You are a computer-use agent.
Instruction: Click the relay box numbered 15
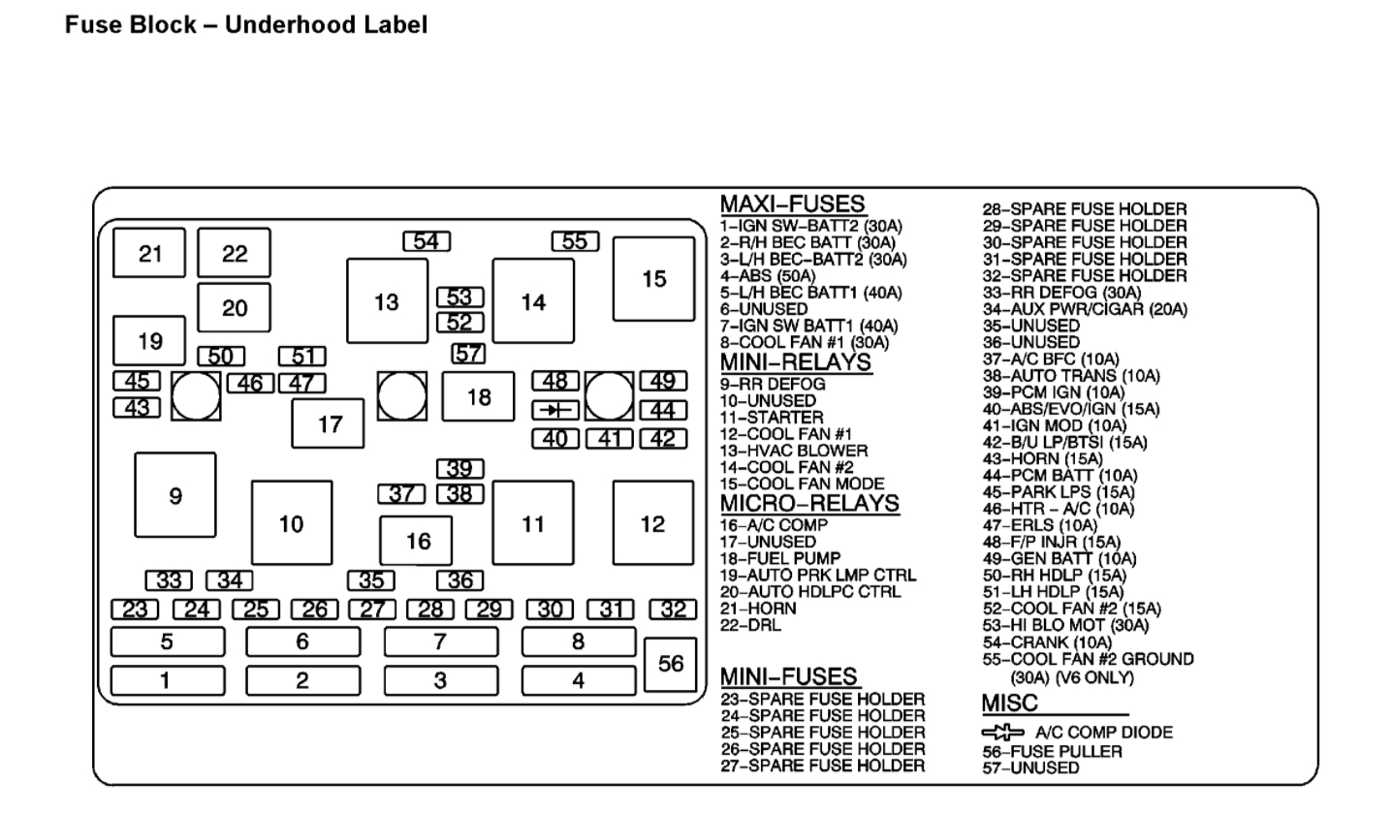[x=653, y=279]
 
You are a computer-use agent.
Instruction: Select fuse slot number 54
[x=427, y=241]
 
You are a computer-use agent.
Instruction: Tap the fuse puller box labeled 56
[x=671, y=664]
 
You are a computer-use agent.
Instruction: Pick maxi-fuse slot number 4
[x=578, y=681]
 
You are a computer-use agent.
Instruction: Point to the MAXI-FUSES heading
[x=792, y=204]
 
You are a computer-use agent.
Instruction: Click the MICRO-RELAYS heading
[x=809, y=504]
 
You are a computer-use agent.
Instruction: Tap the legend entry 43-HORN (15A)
[x=1042, y=458]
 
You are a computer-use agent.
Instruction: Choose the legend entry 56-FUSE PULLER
[x=1052, y=751]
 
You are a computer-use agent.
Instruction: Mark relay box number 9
[x=175, y=496]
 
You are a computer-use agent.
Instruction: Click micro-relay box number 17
[x=330, y=423]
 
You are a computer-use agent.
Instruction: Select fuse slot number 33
[x=169, y=581]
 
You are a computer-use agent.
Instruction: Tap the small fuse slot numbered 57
[x=469, y=354]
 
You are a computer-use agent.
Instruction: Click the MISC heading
[x=1009, y=703]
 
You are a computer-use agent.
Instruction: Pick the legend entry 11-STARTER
[x=771, y=418]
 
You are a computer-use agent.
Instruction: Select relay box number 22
[x=235, y=254]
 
